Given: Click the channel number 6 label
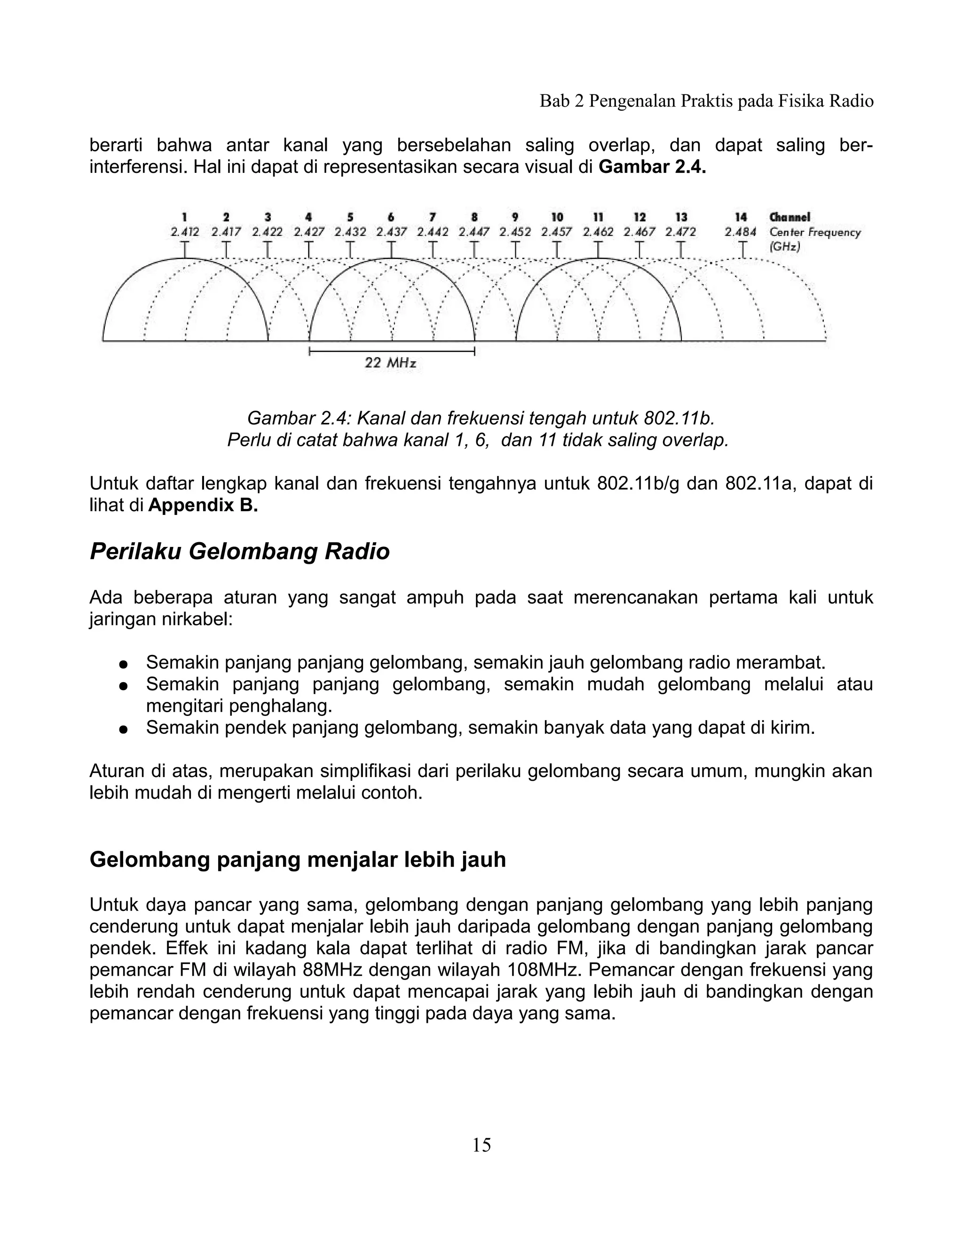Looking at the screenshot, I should coord(391,217).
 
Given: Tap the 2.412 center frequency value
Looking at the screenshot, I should coord(185,232).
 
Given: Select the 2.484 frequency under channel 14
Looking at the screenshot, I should coord(741,232).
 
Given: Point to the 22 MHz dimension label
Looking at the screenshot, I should coord(390,363).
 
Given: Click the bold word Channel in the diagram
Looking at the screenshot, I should coord(789,217).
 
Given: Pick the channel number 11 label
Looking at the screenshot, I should coord(598,217).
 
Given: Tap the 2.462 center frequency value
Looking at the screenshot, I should coord(598,232).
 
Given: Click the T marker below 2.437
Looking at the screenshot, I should coord(391,249).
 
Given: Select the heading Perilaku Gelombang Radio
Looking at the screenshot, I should coord(240,552).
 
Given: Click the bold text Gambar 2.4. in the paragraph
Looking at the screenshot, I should coord(653,168).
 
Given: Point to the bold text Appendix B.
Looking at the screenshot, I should coord(203,506).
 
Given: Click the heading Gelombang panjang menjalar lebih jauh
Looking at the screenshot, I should coord(298,859).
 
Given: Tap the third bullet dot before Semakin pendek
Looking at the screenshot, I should coord(122,729).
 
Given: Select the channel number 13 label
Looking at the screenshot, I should coord(681,217).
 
